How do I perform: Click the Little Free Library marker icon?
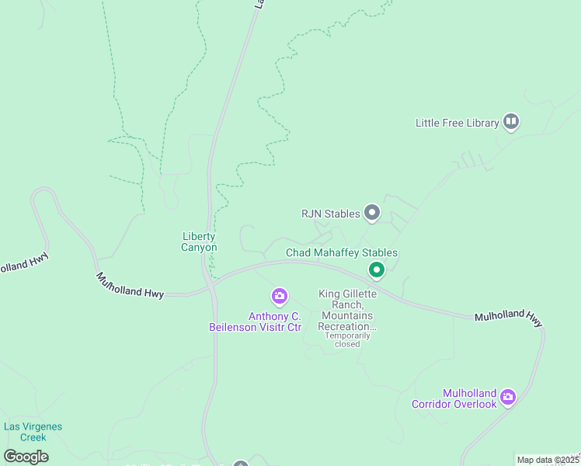511,121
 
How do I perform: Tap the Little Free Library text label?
457,123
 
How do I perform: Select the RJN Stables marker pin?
372,212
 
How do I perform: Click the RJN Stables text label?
331,214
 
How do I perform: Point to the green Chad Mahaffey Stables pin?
377,270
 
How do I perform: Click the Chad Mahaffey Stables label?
342,253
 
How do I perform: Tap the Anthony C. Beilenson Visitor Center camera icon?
279,296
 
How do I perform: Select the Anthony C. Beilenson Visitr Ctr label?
255,322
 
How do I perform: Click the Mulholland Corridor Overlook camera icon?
507,398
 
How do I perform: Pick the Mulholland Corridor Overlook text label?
454,398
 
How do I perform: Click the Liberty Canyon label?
199,242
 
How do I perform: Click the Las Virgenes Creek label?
33,432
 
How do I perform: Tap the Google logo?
26,456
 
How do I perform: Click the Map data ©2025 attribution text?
548,460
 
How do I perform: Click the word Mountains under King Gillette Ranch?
346,316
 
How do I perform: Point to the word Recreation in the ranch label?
348,327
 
